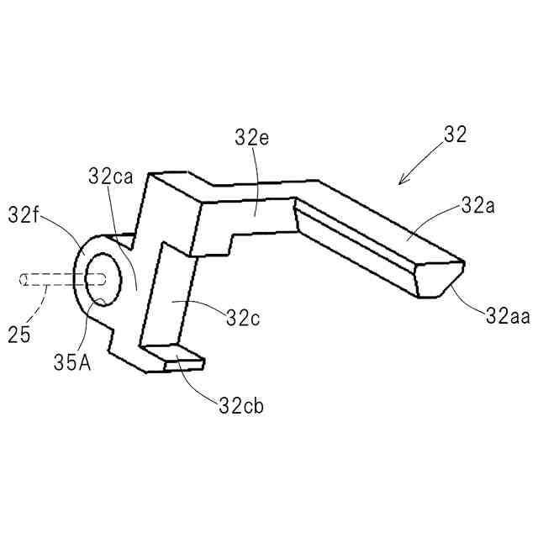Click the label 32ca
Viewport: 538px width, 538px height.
109,177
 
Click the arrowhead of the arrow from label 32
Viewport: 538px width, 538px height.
402,182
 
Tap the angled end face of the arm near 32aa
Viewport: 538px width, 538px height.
440,279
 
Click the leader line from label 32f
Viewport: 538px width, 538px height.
67,231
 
